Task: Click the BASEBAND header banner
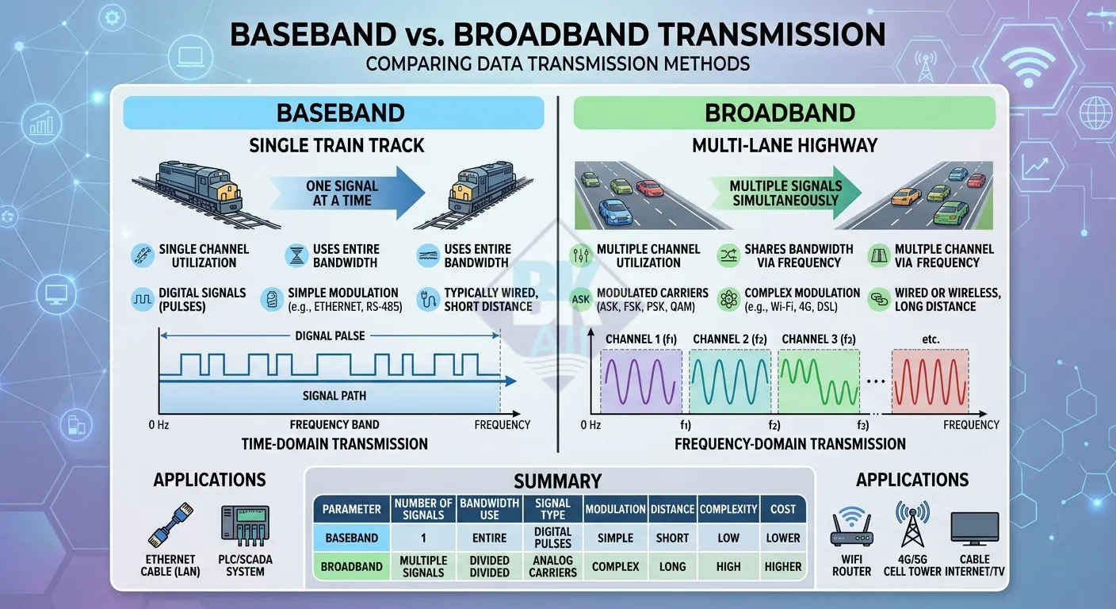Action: [334, 113]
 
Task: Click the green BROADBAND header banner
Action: [784, 113]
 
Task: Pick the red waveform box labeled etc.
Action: [930, 383]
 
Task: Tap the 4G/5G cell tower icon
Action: [913, 525]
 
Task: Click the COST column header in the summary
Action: [782, 509]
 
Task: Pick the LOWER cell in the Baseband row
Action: [782, 538]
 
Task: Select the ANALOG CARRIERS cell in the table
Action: [552, 566]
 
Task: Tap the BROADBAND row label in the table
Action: [351, 566]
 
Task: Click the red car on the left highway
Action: [650, 188]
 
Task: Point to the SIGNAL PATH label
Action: [334, 396]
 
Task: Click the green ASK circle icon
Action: [581, 300]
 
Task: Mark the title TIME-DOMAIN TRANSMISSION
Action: [334, 444]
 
